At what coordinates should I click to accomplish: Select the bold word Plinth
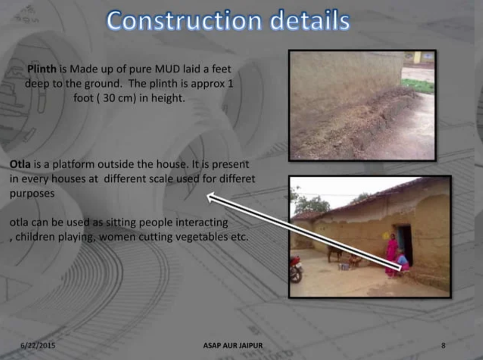tap(42, 69)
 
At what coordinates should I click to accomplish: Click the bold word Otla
tap(20, 164)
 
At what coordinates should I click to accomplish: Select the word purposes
tap(32, 194)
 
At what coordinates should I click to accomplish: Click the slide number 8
tap(443, 345)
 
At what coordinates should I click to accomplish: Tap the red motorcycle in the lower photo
tap(296, 269)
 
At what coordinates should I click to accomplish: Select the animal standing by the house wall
tap(334, 253)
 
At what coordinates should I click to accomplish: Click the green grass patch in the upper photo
tap(418, 85)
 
